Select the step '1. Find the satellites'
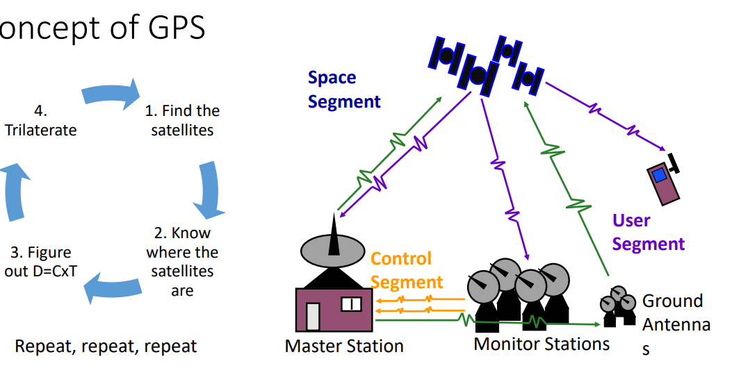click(x=181, y=120)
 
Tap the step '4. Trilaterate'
click(x=40, y=120)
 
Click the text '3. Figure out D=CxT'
click(x=40, y=262)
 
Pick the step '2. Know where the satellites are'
click(x=181, y=262)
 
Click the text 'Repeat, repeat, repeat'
click(x=106, y=346)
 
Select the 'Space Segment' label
click(x=344, y=90)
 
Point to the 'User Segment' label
click(x=648, y=232)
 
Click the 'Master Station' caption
click(x=344, y=345)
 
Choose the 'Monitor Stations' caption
click(x=542, y=343)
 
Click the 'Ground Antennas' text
click(x=675, y=324)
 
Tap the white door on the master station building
click(x=313, y=316)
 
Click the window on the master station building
click(x=350, y=304)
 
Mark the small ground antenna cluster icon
click(x=618, y=307)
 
